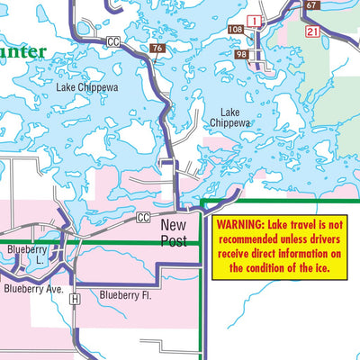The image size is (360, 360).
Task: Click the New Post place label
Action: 174,233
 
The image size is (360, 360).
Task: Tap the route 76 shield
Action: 157,49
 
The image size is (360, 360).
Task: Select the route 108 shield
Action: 236,30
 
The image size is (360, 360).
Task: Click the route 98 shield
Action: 241,55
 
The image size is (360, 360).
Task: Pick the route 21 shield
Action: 312,31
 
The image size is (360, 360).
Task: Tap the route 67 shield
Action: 311,5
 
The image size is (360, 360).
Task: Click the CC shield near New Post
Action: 143,218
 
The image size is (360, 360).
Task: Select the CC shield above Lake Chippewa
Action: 112,41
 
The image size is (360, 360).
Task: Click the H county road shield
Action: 75,298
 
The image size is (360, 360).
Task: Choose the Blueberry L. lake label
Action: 25,255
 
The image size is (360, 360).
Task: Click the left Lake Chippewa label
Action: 87,88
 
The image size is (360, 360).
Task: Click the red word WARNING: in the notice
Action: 239,223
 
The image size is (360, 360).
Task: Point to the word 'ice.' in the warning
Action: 319,267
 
